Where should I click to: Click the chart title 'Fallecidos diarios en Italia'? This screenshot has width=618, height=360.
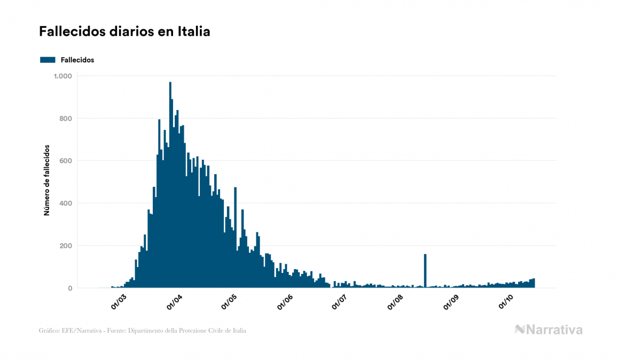(124, 32)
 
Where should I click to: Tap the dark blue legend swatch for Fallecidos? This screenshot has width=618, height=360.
(48, 60)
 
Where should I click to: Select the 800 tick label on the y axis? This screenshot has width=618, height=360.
(65, 119)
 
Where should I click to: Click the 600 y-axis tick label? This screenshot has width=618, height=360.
(65, 161)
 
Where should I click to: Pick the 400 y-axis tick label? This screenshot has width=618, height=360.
(65, 204)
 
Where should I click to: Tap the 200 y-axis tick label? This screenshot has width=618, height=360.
(65, 246)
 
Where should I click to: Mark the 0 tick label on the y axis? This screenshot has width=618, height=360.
(69, 288)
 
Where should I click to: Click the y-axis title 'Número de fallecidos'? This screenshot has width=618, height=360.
(46, 180)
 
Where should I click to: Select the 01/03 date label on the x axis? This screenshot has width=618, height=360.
(118, 301)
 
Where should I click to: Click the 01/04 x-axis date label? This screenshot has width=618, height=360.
(174, 301)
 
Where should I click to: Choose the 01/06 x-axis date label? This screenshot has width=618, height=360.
(285, 301)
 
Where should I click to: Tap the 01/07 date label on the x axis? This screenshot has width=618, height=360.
(340, 301)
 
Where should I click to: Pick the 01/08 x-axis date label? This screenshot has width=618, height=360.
(396, 301)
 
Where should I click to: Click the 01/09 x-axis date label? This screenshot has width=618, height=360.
(451, 301)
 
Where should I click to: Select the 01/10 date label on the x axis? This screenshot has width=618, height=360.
(505, 301)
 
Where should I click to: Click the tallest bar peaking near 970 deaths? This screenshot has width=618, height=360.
(170, 187)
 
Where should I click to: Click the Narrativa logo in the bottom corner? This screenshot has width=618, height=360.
(549, 330)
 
